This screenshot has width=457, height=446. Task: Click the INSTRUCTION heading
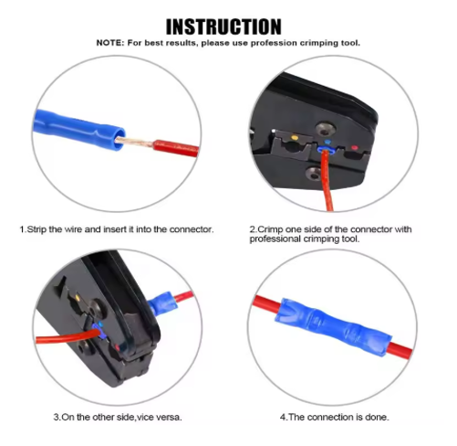pos(223,27)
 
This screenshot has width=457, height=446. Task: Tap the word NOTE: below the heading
pos(110,43)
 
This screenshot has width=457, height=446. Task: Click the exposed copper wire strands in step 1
pos(134,142)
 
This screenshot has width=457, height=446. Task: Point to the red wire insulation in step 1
pos(176,148)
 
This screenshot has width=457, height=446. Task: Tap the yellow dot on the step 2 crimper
pos(295,138)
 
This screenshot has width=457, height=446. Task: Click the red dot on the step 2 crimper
pos(354,148)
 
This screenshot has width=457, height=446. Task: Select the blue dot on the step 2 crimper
pos(327,142)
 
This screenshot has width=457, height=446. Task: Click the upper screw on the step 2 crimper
pos(325,129)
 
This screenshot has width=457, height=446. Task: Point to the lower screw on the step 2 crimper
pos(314,174)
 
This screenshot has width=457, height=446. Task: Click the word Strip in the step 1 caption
pos(36,229)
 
